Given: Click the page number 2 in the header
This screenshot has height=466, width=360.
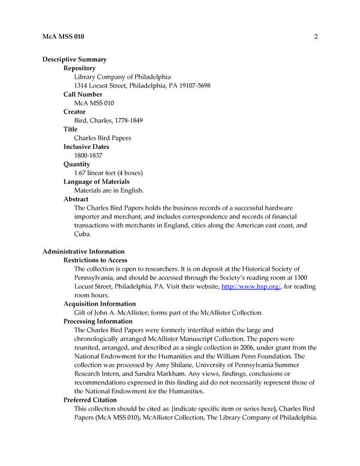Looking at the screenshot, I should click(x=315, y=37).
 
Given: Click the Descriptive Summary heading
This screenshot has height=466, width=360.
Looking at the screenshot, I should click(x=74, y=59).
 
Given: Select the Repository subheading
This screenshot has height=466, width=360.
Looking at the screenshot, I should click(x=80, y=68).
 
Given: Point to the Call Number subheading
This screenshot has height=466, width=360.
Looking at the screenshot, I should click(x=83, y=94).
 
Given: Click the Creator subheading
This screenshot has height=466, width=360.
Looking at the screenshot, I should click(x=74, y=112).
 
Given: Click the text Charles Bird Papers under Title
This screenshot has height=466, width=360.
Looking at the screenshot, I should click(x=102, y=138).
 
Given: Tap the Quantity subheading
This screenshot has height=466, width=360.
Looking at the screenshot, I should click(x=77, y=164).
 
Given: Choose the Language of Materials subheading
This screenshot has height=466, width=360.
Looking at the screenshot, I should click(x=97, y=181).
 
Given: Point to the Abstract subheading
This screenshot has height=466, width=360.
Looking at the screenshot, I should click(x=76, y=199).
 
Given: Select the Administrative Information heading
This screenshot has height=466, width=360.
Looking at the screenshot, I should click(x=83, y=251).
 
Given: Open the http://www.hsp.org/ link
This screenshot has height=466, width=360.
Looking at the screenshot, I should click(x=244, y=286).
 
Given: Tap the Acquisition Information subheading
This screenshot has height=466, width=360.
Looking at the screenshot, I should click(x=100, y=304).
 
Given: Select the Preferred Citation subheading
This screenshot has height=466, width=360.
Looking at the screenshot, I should click(x=90, y=400).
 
